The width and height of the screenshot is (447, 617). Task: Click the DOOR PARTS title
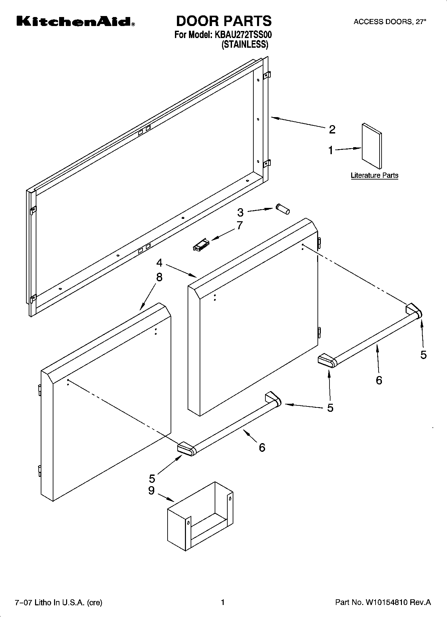click(x=223, y=21)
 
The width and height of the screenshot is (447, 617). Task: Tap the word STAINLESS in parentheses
click(x=245, y=44)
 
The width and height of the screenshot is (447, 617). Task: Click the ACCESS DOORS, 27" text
click(x=390, y=22)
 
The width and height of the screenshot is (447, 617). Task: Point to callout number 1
click(x=330, y=150)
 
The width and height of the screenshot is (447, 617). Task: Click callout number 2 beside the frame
click(x=332, y=129)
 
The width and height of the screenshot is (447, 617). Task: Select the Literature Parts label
click(x=374, y=176)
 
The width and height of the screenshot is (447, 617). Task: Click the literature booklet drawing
click(x=372, y=146)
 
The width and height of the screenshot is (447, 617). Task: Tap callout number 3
click(x=240, y=213)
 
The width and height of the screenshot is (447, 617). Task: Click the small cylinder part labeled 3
click(x=283, y=210)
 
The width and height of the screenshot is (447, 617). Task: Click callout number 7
click(x=239, y=226)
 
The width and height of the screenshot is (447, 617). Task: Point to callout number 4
click(x=159, y=263)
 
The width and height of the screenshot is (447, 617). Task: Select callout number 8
click(x=159, y=277)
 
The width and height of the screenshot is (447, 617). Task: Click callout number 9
click(x=151, y=491)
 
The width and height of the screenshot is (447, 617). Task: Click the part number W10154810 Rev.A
click(x=383, y=602)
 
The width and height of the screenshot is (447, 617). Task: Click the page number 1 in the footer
click(x=223, y=602)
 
